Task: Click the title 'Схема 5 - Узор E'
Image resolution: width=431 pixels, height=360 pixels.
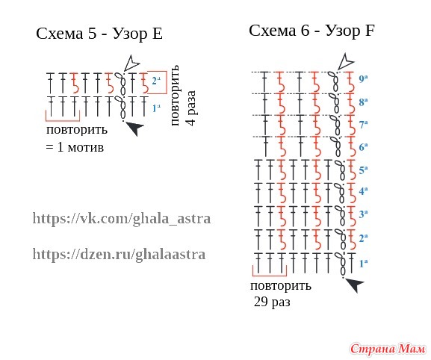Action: click(99, 34)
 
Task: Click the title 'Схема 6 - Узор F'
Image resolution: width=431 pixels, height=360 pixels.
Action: click(311, 31)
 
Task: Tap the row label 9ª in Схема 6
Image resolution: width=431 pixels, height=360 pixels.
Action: click(363, 79)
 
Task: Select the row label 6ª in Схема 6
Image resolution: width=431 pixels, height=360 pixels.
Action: click(363, 147)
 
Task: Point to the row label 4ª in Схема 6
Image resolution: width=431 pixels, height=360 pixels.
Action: click(363, 190)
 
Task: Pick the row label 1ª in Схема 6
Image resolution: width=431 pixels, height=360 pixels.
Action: click(363, 264)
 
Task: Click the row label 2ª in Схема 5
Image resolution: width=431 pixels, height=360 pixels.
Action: click(156, 81)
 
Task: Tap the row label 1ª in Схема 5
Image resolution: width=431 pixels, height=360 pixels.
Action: click(156, 108)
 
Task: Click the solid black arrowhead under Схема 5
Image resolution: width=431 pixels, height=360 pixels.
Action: click(135, 128)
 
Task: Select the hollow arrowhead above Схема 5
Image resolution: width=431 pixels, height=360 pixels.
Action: click(131, 63)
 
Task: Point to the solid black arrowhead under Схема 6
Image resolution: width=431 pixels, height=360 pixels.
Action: click(355, 285)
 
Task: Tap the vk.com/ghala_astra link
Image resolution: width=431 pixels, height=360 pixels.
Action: click(122, 219)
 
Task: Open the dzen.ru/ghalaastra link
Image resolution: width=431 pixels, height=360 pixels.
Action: click(119, 254)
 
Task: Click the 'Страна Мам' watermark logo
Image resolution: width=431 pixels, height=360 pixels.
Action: click(388, 349)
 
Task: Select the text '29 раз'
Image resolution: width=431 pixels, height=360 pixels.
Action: click(272, 302)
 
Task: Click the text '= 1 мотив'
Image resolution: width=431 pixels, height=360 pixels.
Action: click(75, 147)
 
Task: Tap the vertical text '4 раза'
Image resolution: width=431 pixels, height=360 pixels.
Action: click(191, 108)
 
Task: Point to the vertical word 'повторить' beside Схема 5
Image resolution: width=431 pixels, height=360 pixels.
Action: click(175, 96)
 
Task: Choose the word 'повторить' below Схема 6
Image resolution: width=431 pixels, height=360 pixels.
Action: click(281, 286)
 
